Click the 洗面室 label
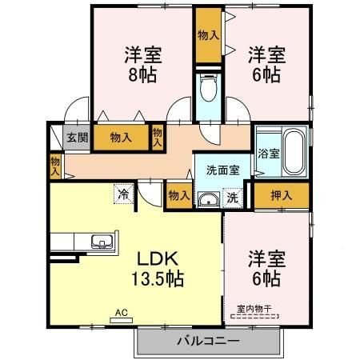click(x=223, y=170)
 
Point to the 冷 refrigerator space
click(x=123, y=193)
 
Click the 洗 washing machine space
click(x=232, y=196)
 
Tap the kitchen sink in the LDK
click(x=103, y=241)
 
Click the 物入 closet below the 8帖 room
click(x=121, y=138)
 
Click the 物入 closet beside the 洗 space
click(x=178, y=194)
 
